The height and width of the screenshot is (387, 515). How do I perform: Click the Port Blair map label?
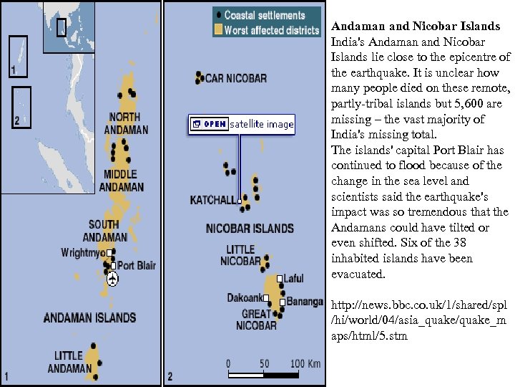[x=136, y=266]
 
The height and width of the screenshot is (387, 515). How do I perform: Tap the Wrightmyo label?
[x=83, y=253]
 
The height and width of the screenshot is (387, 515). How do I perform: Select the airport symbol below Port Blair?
[x=113, y=279]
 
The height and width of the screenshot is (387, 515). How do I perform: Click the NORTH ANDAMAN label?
[x=126, y=123]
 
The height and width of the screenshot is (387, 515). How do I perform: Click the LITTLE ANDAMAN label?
[x=69, y=362]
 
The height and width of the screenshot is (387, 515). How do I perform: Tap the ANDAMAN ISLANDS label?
[x=89, y=317]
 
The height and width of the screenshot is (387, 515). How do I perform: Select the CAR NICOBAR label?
[x=235, y=78]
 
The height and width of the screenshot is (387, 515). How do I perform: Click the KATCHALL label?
[x=212, y=201]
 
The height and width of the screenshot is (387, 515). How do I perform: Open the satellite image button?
[x=242, y=124]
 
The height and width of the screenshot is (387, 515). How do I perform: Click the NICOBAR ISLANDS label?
[x=250, y=229]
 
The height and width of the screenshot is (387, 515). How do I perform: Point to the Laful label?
[x=293, y=279]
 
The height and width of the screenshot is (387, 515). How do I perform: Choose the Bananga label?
[x=305, y=302]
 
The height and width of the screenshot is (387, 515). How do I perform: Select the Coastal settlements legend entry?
[x=264, y=15]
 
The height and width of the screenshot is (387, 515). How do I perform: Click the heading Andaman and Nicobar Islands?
[x=416, y=27]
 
